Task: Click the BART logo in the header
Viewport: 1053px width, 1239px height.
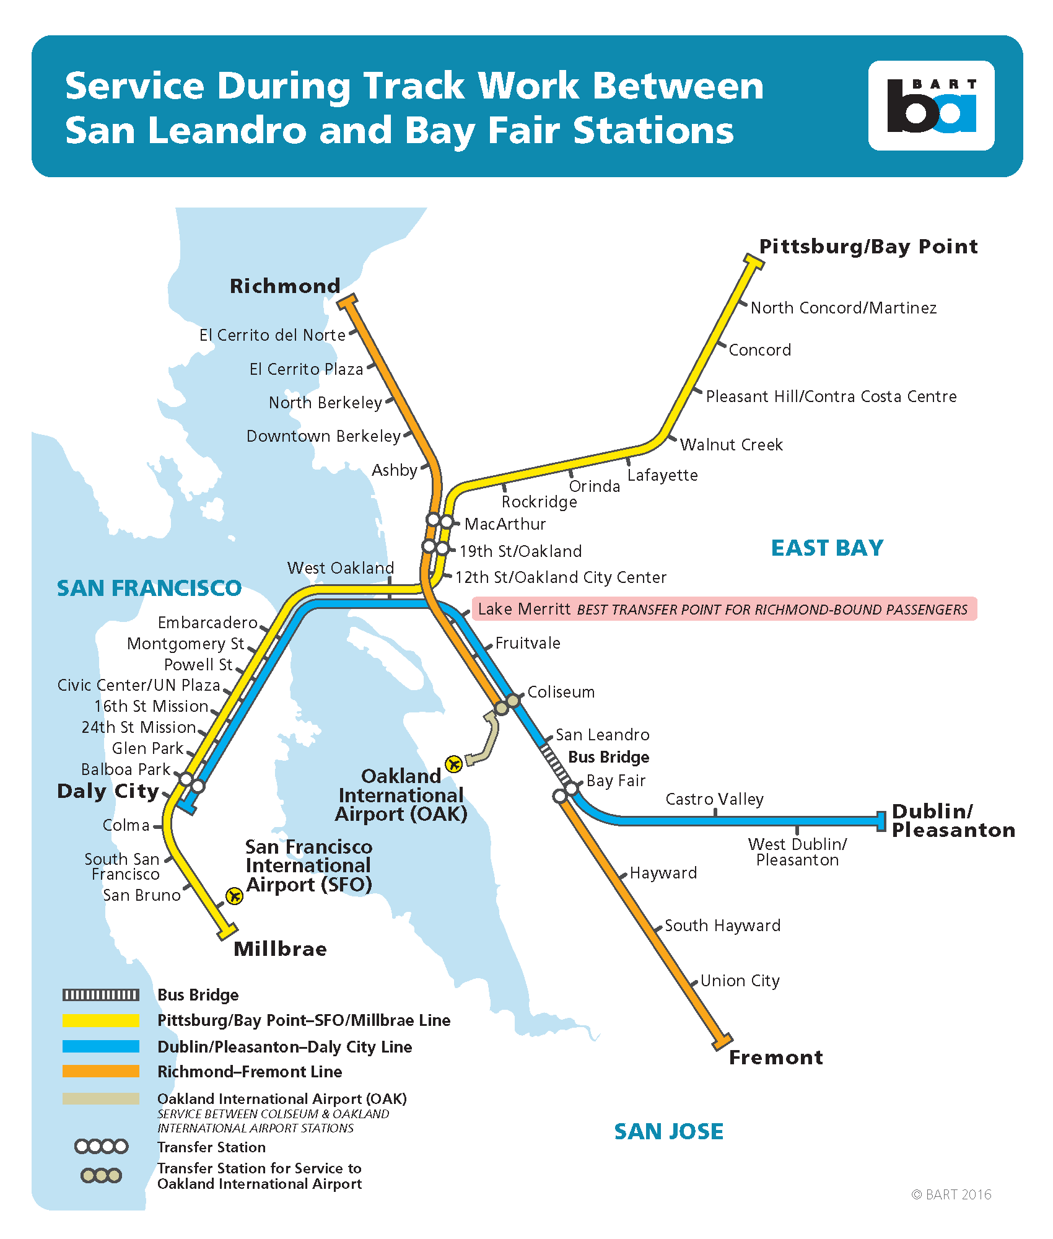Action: tap(931, 106)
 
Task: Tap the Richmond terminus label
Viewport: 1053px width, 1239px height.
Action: tap(284, 286)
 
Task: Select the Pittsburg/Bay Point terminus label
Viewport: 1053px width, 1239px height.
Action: tap(868, 247)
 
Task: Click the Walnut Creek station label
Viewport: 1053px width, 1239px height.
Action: tap(731, 445)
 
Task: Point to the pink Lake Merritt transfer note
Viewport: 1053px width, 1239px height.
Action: tap(723, 609)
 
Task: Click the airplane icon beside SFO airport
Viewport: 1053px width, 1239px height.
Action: tap(234, 896)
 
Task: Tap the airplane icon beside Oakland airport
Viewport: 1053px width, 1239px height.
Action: tap(454, 764)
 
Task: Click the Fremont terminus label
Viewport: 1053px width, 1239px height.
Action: tap(776, 1057)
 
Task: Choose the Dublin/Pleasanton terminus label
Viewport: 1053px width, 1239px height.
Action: tap(953, 820)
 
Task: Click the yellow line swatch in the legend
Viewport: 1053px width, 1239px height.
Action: tap(101, 1020)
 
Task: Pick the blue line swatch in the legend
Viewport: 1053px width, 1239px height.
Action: tap(101, 1046)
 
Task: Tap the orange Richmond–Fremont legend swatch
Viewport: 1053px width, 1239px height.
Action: tap(101, 1071)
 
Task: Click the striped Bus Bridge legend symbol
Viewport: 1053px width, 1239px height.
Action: tap(101, 995)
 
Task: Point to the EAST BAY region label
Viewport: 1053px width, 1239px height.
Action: tap(827, 548)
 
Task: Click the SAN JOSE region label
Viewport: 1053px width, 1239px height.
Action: tap(668, 1131)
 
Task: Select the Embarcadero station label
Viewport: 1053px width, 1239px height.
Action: tap(208, 623)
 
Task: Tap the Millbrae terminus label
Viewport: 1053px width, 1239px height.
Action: tap(280, 949)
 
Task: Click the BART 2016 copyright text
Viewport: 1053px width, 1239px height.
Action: tap(951, 1194)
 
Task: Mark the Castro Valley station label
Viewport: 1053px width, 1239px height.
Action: tap(714, 799)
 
